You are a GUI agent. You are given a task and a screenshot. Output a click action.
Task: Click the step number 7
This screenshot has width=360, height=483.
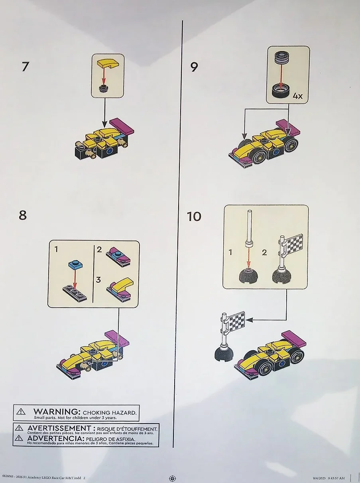(26, 67)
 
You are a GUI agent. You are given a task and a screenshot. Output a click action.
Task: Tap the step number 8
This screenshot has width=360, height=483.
(23, 215)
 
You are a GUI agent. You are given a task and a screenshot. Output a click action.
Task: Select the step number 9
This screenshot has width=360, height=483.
(194, 67)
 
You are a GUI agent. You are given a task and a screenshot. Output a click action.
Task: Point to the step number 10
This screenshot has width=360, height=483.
(194, 217)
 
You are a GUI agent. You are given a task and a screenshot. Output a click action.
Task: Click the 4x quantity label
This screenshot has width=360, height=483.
(298, 96)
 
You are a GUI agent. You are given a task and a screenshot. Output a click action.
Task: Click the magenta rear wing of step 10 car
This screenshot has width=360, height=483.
(293, 338)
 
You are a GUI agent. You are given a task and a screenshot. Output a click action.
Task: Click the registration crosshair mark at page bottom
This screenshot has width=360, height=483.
(173, 478)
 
